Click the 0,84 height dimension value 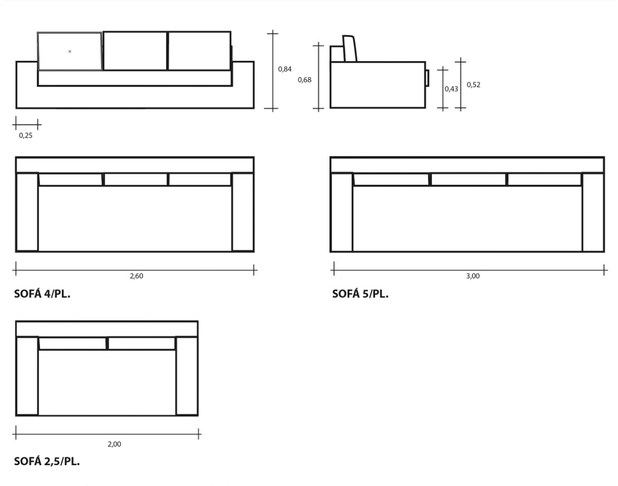(x=285, y=69)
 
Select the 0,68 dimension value (x=305, y=80)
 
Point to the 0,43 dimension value (x=451, y=89)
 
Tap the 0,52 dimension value (x=473, y=85)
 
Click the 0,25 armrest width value (x=25, y=136)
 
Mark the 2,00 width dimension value (x=114, y=444)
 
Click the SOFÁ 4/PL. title (x=42, y=294)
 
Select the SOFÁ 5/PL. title (x=360, y=294)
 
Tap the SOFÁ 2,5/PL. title (x=47, y=461)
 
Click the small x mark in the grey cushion (x=70, y=51)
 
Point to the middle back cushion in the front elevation (x=135, y=51)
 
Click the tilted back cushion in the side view (x=350, y=49)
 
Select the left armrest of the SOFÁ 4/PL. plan (x=27, y=212)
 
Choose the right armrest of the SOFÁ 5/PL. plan (x=593, y=212)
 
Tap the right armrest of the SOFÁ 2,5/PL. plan (x=186, y=376)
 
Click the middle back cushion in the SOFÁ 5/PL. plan (x=469, y=180)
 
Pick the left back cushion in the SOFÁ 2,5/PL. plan (x=73, y=343)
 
